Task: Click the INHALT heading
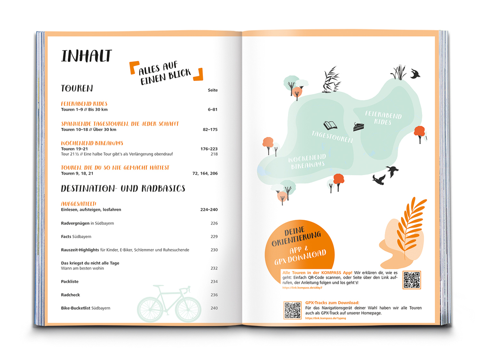87,56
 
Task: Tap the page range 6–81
213,110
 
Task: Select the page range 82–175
210,129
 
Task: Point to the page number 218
214,154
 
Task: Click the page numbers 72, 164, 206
205,173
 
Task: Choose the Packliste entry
70,281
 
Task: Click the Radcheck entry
71,295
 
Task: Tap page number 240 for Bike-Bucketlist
214,308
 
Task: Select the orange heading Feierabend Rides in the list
84,104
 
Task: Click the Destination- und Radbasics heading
123,189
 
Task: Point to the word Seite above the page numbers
213,90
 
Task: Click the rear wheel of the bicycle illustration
149,309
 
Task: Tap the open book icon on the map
330,126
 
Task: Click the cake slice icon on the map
359,127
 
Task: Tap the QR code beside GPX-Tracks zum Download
292,310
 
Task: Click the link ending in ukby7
302,288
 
